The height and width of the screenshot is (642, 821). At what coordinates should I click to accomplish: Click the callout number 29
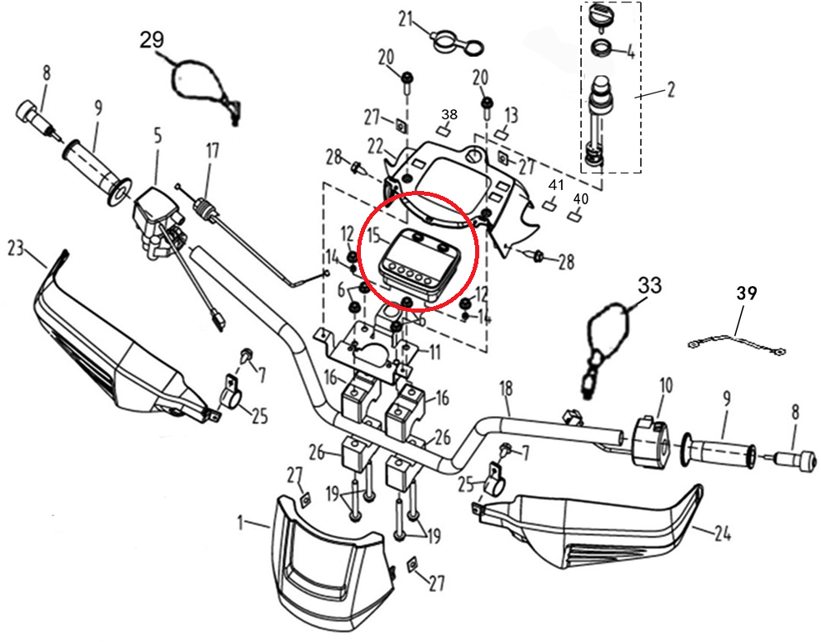click(153, 40)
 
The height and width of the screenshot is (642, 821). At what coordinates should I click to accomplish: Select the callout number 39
click(746, 293)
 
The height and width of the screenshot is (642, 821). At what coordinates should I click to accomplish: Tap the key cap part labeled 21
click(450, 38)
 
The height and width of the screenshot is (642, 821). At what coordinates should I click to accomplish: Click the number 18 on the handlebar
click(505, 388)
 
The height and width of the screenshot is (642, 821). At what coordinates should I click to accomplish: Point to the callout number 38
click(450, 114)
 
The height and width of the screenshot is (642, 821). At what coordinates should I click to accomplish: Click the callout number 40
click(581, 199)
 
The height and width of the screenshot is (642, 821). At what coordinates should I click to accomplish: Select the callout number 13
click(512, 114)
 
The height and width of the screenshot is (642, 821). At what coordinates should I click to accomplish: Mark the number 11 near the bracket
click(435, 352)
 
